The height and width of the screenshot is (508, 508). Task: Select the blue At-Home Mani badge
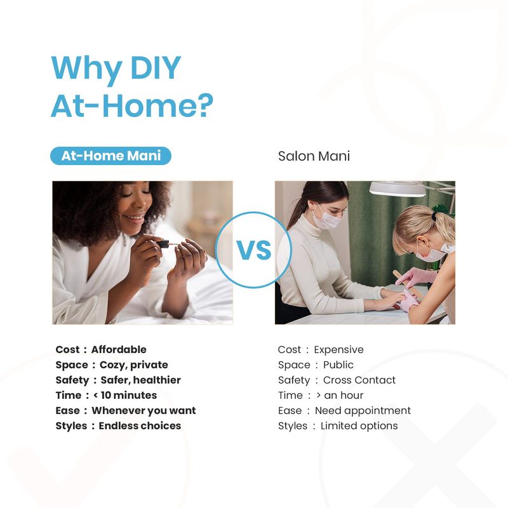[x=110, y=156]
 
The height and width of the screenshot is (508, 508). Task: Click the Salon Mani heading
[x=314, y=156]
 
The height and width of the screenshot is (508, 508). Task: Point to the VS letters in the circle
[x=253, y=250]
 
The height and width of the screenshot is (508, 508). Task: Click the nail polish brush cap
[x=163, y=244]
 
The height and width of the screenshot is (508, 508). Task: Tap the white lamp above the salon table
[x=398, y=189]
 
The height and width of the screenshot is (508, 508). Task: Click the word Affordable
[x=119, y=350]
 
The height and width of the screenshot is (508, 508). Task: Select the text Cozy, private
[x=134, y=365]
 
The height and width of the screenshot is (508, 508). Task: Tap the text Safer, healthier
[x=140, y=380]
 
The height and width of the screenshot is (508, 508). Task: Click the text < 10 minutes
[x=125, y=395]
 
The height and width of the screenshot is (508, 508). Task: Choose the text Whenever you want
[x=144, y=411]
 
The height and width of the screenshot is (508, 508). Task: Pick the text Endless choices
[x=140, y=425]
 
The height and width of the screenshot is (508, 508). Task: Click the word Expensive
[x=338, y=350]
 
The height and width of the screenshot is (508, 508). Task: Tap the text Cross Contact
[x=359, y=380]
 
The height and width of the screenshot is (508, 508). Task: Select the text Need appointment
[x=363, y=411]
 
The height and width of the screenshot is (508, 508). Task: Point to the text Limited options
[x=359, y=426]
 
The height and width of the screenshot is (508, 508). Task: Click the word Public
[x=338, y=364]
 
